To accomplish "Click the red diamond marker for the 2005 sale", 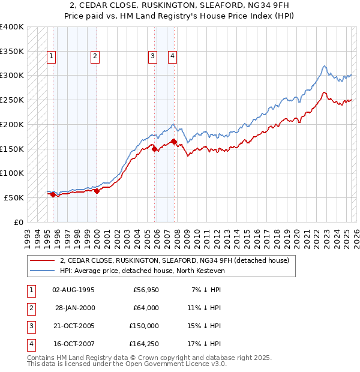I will click(154, 149).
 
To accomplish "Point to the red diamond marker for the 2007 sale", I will click(174, 142).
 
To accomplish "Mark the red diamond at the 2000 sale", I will click(97, 191).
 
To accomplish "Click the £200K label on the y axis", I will click(12, 124).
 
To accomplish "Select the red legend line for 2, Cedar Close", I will click(43, 260).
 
